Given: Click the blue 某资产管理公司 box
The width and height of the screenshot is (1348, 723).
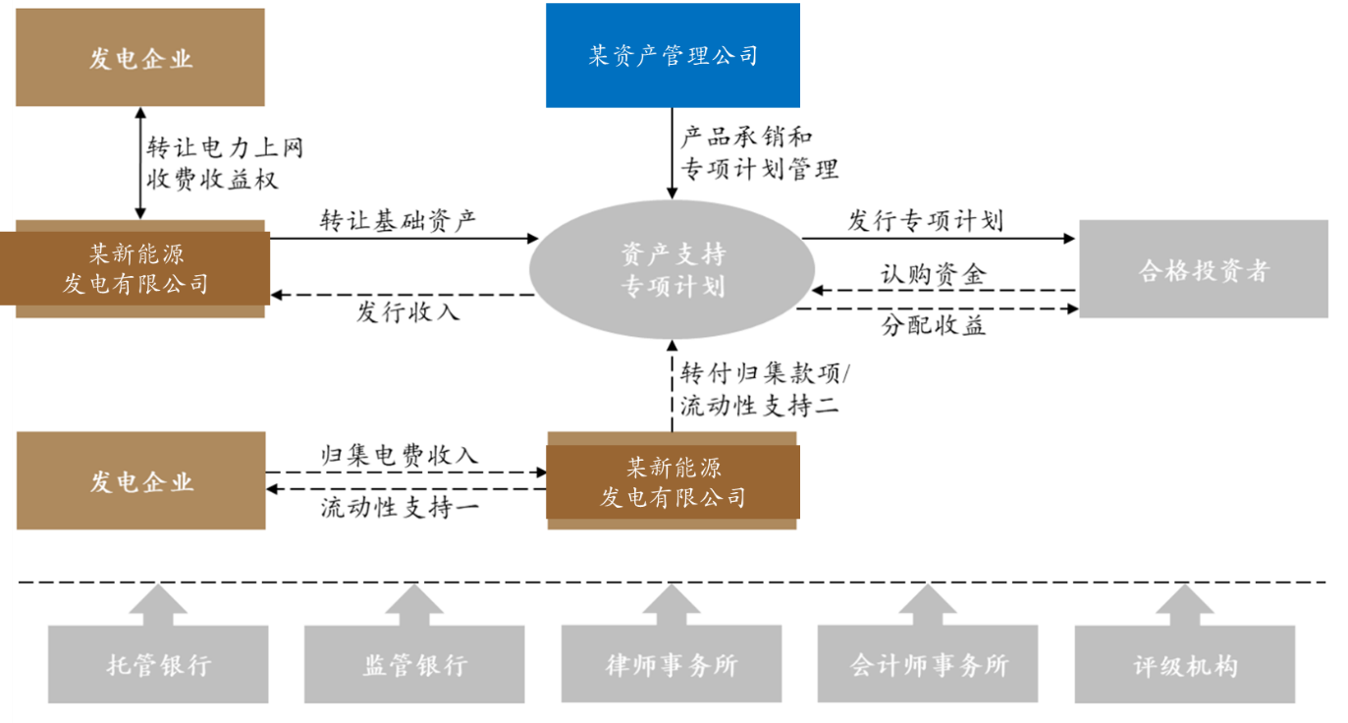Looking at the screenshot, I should [673, 55].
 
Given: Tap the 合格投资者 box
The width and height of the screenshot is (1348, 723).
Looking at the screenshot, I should [1203, 269].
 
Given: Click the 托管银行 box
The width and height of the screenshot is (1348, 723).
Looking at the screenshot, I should [158, 664].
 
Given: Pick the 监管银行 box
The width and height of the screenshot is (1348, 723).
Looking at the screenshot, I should [414, 664].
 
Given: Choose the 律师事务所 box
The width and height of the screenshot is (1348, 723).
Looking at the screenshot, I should [672, 664].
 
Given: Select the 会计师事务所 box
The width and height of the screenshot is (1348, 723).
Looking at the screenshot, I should [928, 664].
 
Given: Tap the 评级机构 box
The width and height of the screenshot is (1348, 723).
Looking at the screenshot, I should [1185, 664].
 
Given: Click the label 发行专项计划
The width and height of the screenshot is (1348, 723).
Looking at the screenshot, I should [925, 219].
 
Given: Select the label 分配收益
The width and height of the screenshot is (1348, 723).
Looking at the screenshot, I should [933, 326].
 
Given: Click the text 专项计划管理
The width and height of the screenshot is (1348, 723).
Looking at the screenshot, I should [760, 168].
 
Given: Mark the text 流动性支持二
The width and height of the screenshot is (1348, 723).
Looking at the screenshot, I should [760, 404].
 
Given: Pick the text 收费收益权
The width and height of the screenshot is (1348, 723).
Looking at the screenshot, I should [212, 178].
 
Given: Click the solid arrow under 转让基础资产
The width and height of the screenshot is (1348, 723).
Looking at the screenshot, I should [404, 238].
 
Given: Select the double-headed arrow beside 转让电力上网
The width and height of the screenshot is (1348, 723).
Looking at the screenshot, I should [140, 162].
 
